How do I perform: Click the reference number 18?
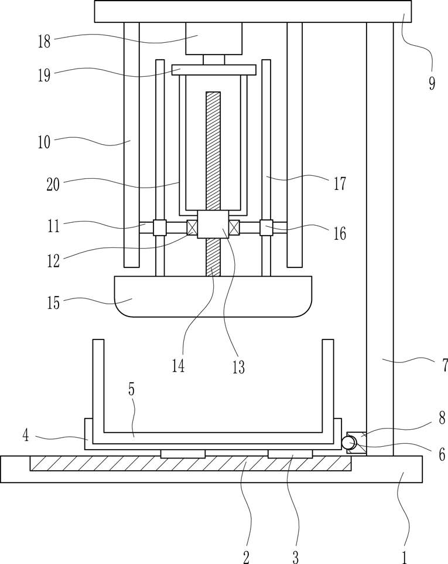tap(44, 42)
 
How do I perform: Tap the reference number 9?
tap(432, 83)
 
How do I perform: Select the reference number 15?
tap(53, 303)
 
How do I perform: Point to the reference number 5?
tap(132, 389)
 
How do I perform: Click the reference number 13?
tap(238, 367)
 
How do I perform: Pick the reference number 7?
tap(444, 365)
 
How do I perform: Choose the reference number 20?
tap(53, 185)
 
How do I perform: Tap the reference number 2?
tap(246, 558)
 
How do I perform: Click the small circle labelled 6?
tap(348, 443)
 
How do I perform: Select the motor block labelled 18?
tap(214, 39)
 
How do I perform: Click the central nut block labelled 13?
tap(213, 225)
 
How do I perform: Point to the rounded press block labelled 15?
tap(213, 297)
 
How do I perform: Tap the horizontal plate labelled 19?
tap(214, 70)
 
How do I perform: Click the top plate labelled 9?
tap(253, 12)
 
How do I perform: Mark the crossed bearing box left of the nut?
tap(192, 227)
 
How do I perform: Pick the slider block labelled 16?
tap(266, 227)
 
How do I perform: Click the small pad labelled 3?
tap(290, 454)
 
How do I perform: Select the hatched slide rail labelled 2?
tap(190, 463)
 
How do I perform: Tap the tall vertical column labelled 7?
tap(379, 239)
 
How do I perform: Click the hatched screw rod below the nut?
tap(213, 257)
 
